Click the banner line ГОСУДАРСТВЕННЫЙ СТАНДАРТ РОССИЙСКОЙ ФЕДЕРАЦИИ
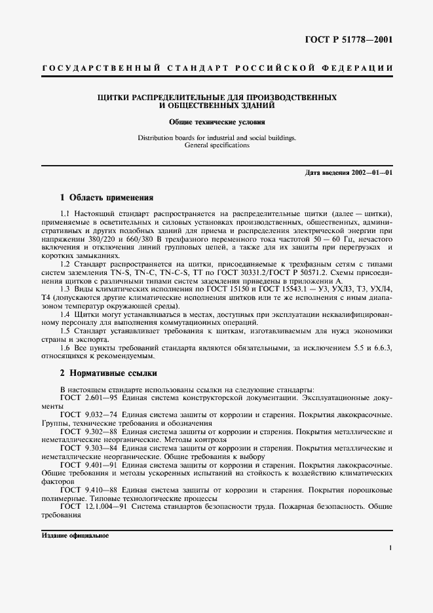[x=217, y=68]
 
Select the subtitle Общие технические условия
[x=217, y=122]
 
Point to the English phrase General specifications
[x=217, y=145]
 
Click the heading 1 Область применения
[x=106, y=197]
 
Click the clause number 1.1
[x=64, y=215]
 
